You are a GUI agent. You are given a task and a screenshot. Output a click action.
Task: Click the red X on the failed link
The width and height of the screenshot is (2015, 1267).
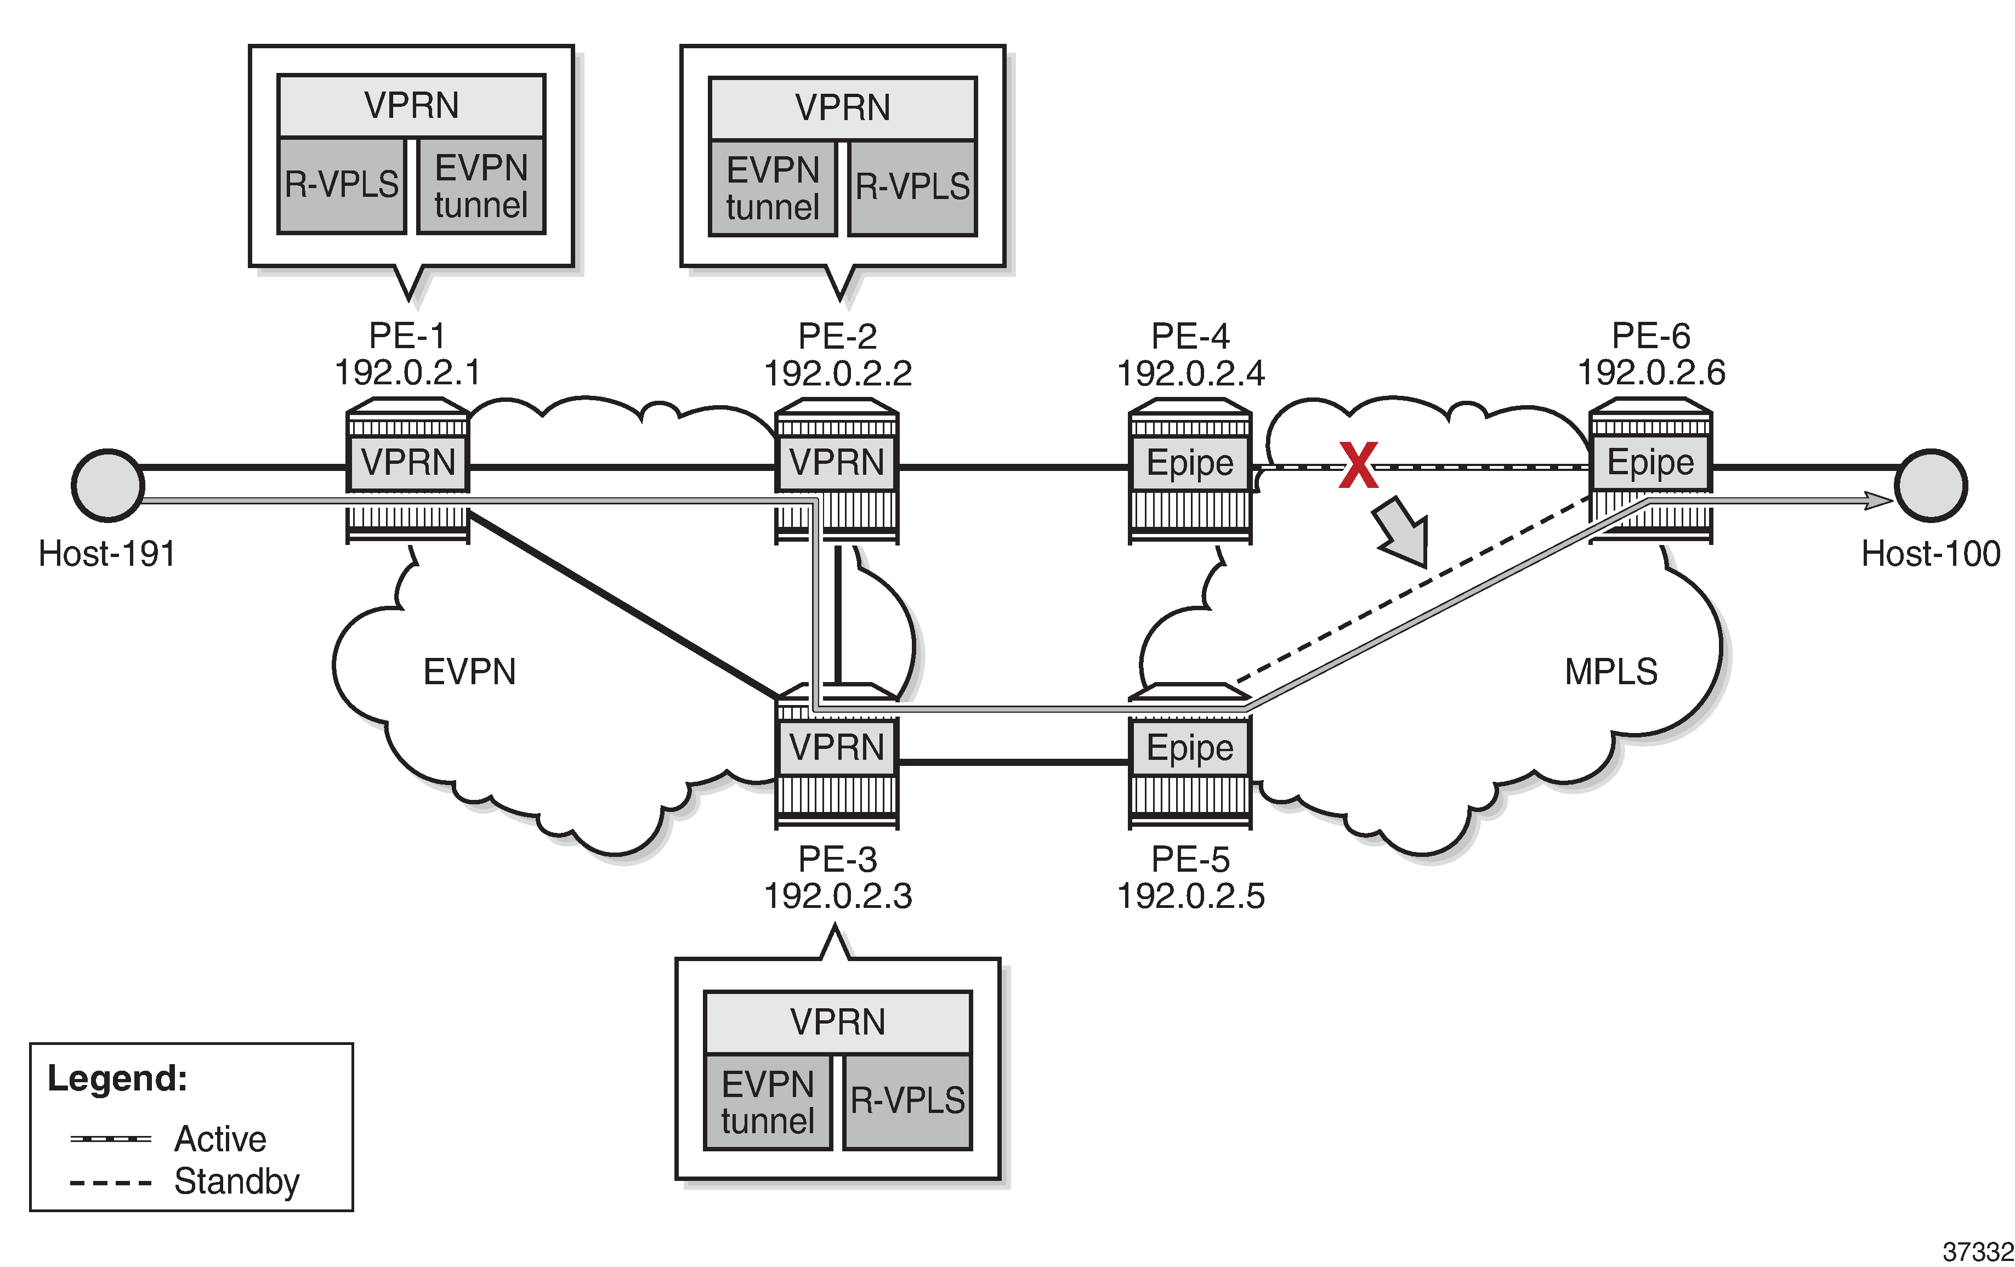(x=1357, y=465)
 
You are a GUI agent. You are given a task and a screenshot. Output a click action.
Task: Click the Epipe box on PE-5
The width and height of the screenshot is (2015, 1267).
(x=1189, y=747)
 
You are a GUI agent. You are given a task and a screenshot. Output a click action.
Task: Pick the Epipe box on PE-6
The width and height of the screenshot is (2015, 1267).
(x=1650, y=462)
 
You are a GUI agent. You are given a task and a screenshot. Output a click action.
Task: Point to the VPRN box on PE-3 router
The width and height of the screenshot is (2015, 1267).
(x=836, y=747)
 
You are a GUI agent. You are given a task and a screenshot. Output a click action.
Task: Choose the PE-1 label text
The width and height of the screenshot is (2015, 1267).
(x=407, y=336)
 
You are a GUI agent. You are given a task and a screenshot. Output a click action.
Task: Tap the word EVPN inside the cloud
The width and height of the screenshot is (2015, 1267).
(x=469, y=671)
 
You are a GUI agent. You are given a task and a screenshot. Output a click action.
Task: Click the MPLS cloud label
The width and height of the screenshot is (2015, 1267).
(x=1611, y=671)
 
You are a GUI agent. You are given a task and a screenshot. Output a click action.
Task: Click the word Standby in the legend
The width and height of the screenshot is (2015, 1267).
(x=237, y=1181)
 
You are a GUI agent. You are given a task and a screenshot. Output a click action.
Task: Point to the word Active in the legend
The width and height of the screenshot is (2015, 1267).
(x=220, y=1139)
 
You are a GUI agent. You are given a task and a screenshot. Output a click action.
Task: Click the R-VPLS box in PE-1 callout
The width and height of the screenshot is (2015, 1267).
(x=342, y=185)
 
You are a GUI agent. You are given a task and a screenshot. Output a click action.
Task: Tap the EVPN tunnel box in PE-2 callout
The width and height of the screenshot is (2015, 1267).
(x=773, y=188)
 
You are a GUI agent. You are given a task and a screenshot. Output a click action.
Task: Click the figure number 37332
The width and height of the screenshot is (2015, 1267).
(x=1977, y=1252)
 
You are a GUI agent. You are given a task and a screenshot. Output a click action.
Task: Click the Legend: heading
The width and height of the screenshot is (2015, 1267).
(x=117, y=1078)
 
